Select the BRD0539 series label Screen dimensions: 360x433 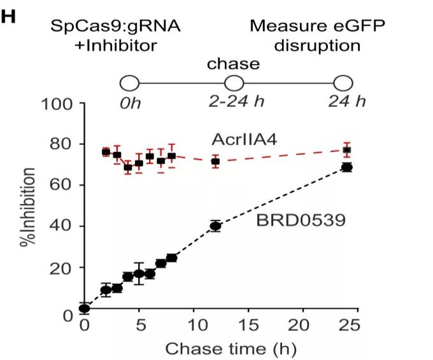292,221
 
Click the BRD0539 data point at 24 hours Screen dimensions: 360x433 346,167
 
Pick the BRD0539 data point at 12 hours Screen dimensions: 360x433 215,226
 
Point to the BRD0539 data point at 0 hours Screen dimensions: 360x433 83,308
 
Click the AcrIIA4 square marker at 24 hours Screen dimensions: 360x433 346,151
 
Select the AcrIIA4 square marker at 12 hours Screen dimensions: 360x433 215,162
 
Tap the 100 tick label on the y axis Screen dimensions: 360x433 59,103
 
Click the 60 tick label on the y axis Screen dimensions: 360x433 63,185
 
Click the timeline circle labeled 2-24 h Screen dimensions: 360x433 234,83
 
